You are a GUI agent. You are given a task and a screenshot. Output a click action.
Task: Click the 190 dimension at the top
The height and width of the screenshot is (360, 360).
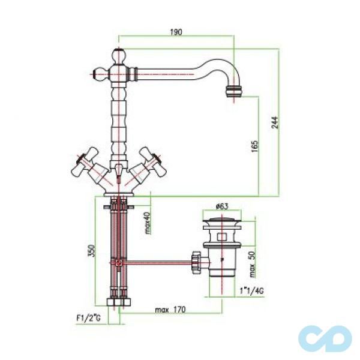pos(177,31)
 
